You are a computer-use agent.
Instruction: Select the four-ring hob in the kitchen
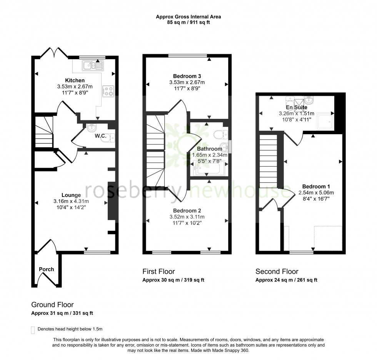pyautogui.click(x=108, y=91)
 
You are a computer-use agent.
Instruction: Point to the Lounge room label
pyautogui.click(x=71, y=195)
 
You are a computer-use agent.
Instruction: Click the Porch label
pyautogui.click(x=46, y=269)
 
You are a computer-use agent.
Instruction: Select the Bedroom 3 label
pyautogui.click(x=187, y=76)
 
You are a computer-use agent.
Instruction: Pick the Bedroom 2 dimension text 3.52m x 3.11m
pyautogui.click(x=187, y=217)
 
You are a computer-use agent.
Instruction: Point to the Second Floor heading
pyautogui.click(x=277, y=272)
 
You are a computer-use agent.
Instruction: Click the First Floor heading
pyautogui.click(x=158, y=272)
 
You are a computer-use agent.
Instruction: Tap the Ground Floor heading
pyautogui.click(x=52, y=305)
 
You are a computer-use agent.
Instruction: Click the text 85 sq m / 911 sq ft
pyautogui.click(x=188, y=23)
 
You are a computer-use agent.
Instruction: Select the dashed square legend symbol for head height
pyautogui.click(x=33, y=330)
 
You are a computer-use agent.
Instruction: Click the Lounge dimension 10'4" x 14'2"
pyautogui.click(x=71, y=207)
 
